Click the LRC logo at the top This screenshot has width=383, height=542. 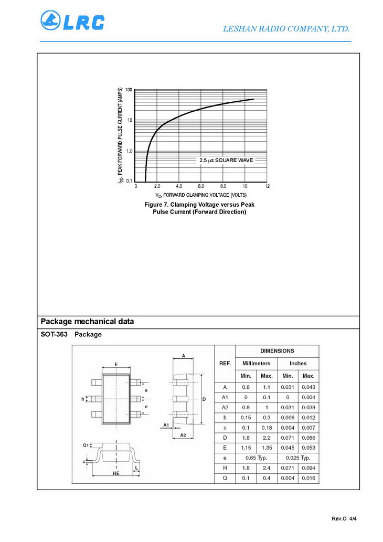(x=72, y=22)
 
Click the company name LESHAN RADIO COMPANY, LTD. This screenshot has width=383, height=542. (x=286, y=29)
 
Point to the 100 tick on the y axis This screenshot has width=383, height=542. (x=129, y=90)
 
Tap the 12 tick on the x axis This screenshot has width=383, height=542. (x=267, y=186)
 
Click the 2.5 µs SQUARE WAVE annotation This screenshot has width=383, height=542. (x=226, y=160)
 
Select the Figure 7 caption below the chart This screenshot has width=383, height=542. (x=199, y=208)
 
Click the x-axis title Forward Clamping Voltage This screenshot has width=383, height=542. (x=200, y=195)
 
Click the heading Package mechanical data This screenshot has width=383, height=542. (x=87, y=322)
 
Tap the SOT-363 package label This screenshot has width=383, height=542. (x=71, y=334)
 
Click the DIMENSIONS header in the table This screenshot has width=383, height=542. (x=277, y=351)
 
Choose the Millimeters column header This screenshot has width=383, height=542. (x=256, y=363)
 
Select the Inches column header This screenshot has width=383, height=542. (x=298, y=363)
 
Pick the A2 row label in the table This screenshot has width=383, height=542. (x=225, y=407)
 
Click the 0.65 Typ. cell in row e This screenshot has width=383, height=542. (x=256, y=458)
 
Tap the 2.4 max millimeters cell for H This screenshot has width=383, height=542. (x=267, y=468)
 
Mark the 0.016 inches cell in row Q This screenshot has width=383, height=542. (x=308, y=478)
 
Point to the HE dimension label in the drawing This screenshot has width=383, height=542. (x=116, y=473)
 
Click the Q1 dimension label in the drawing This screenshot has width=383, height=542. (x=86, y=445)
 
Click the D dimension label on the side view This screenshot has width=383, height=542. (x=204, y=399)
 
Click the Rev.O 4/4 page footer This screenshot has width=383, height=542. (x=344, y=519)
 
